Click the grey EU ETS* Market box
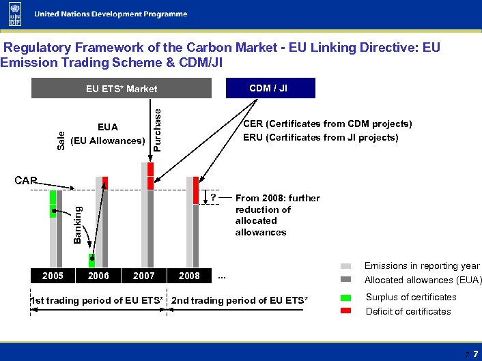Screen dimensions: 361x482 [121, 89]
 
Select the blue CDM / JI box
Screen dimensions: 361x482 [268, 88]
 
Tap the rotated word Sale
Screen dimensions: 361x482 [61, 141]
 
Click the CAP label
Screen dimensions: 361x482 [25, 181]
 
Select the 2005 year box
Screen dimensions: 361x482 [53, 276]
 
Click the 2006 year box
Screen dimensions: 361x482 [98, 276]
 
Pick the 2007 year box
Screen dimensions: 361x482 [143, 276]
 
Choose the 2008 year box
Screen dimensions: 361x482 [189, 276]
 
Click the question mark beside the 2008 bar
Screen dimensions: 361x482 [214, 198]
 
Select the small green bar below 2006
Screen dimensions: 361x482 [91, 260]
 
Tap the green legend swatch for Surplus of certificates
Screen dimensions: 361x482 [346, 298]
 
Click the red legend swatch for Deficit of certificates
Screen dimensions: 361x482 [346, 311]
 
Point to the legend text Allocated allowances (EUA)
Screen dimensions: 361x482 [423, 280]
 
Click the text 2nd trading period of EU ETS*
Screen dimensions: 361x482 [240, 301]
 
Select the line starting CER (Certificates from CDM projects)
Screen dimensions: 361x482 [328, 124]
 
